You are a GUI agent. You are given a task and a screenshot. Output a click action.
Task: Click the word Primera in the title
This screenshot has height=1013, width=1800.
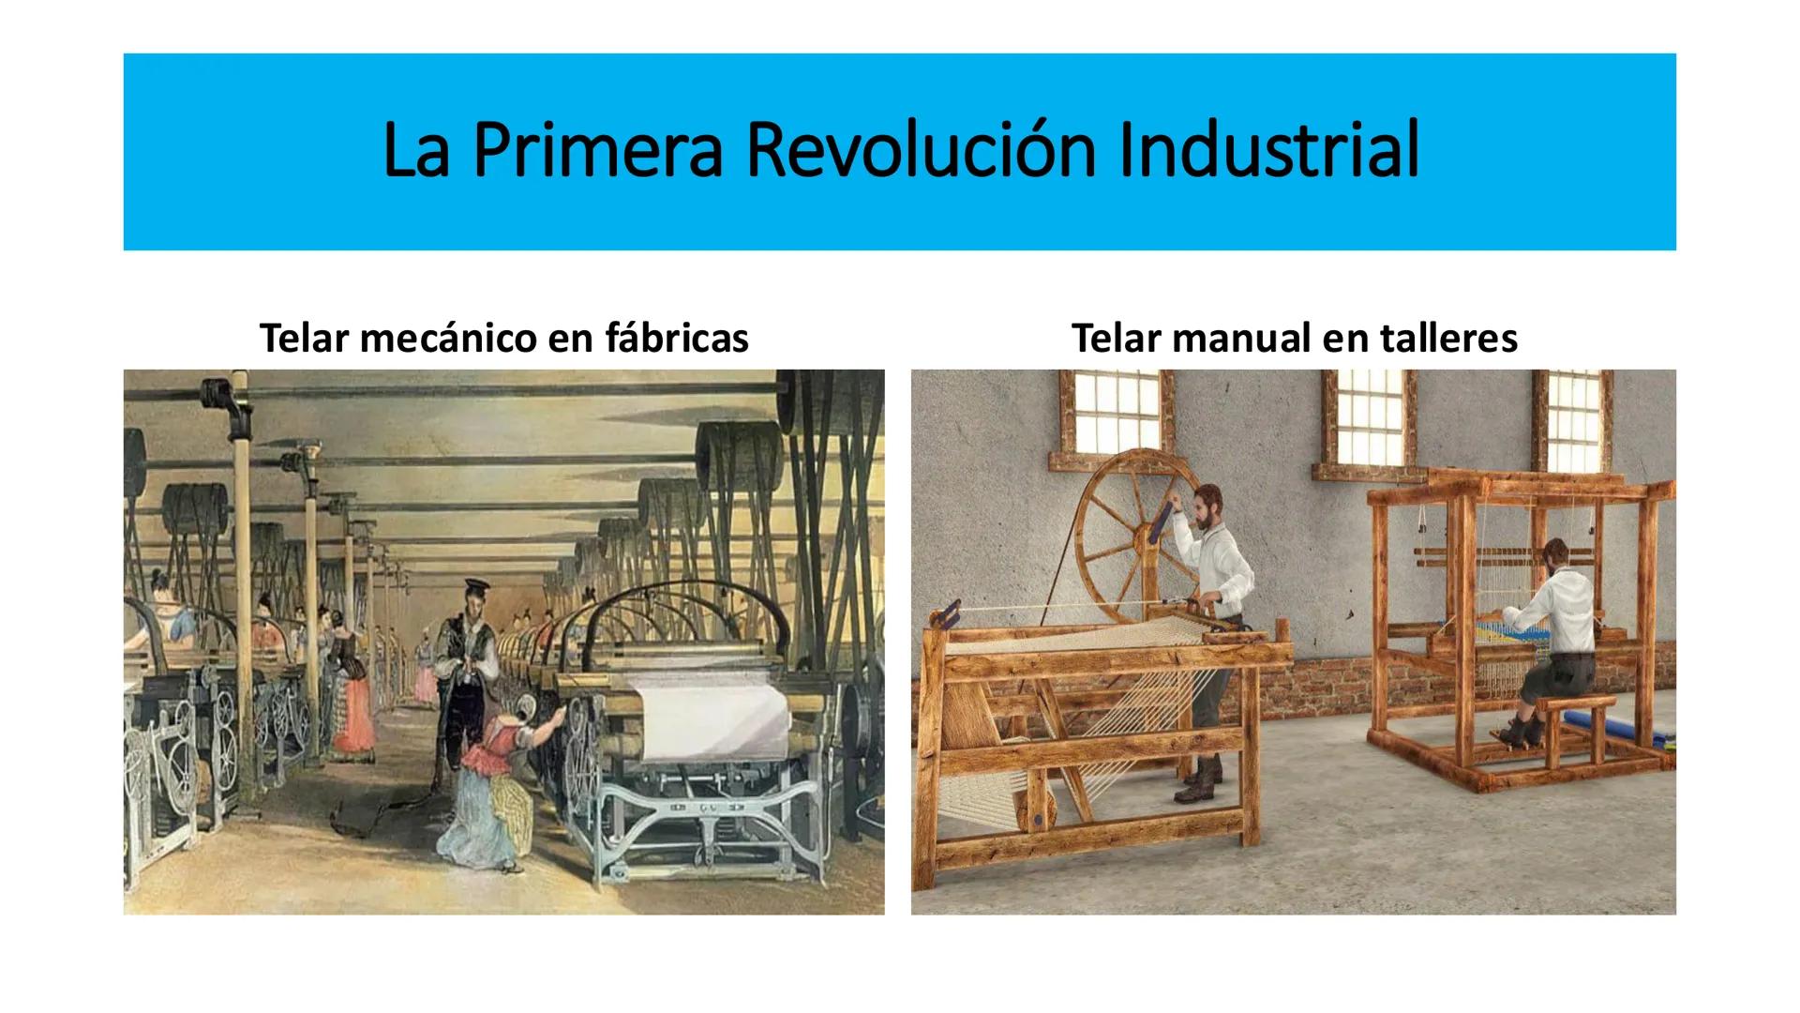[x=597, y=150]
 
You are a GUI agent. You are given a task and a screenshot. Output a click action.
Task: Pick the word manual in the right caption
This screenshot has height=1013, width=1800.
[x=1230, y=339]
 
